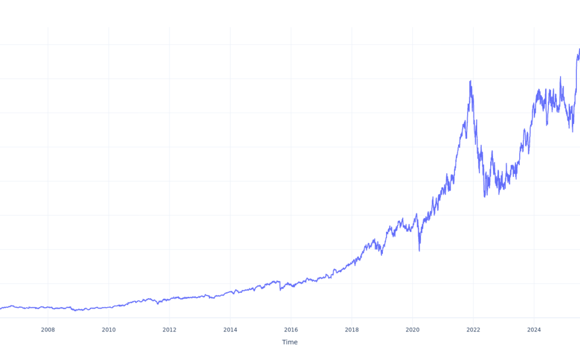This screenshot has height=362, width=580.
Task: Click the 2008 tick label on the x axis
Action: coord(48,329)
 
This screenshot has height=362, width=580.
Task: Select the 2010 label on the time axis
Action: coord(108,329)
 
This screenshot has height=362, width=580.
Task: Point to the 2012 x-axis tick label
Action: coord(169,329)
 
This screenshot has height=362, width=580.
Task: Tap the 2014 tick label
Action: coord(230,329)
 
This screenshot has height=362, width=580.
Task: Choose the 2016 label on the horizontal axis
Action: coord(291,329)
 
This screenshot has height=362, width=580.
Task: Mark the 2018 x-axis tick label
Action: coord(352,329)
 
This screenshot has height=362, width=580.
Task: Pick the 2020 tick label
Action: coord(412,329)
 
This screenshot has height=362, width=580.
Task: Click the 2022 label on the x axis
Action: coord(473,329)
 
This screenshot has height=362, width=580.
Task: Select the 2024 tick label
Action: coord(534,329)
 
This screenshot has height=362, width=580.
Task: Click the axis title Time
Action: coord(289,342)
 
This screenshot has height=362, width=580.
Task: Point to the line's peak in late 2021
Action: coord(470,81)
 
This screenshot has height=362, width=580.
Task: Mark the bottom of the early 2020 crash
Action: coord(419,250)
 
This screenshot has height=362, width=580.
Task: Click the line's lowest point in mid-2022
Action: coord(484,197)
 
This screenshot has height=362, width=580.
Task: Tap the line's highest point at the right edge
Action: coord(579,49)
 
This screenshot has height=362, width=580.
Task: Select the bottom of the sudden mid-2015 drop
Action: coord(280,290)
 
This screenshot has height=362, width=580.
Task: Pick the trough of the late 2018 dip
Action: coord(382,255)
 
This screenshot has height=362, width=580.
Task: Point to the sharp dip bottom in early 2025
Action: coord(572,131)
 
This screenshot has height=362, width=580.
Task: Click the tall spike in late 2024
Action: coord(561,77)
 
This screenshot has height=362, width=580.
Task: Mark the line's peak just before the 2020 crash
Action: coord(416,214)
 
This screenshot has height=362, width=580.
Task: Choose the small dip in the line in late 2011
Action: coord(158,304)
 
